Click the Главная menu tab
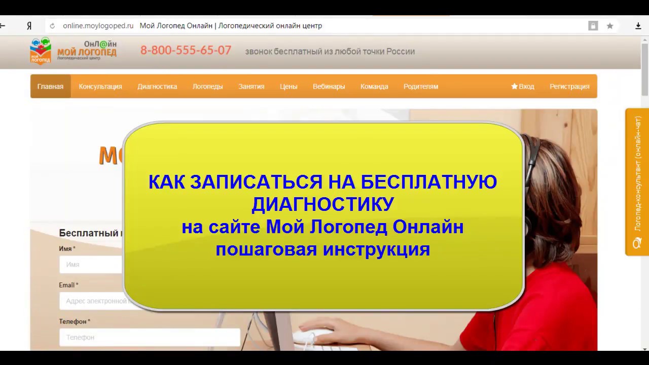pos(50,86)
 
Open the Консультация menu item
pos(100,86)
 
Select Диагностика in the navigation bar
pos(157,86)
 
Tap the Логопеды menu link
pos(207,86)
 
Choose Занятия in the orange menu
pos(251,86)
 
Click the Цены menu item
pos(289,86)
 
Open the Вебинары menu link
pos(329,86)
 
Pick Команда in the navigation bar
pos(374,86)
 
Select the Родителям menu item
pos(421,86)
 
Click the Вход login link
pos(523,86)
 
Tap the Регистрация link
pos(569,86)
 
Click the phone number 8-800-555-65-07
pos(186,50)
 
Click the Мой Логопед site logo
pos(73,51)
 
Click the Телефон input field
pos(150,337)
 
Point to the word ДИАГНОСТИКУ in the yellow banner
pos(322,204)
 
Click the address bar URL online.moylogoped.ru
pos(98,26)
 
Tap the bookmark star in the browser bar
pos(610,26)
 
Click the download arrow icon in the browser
pos(638,26)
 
